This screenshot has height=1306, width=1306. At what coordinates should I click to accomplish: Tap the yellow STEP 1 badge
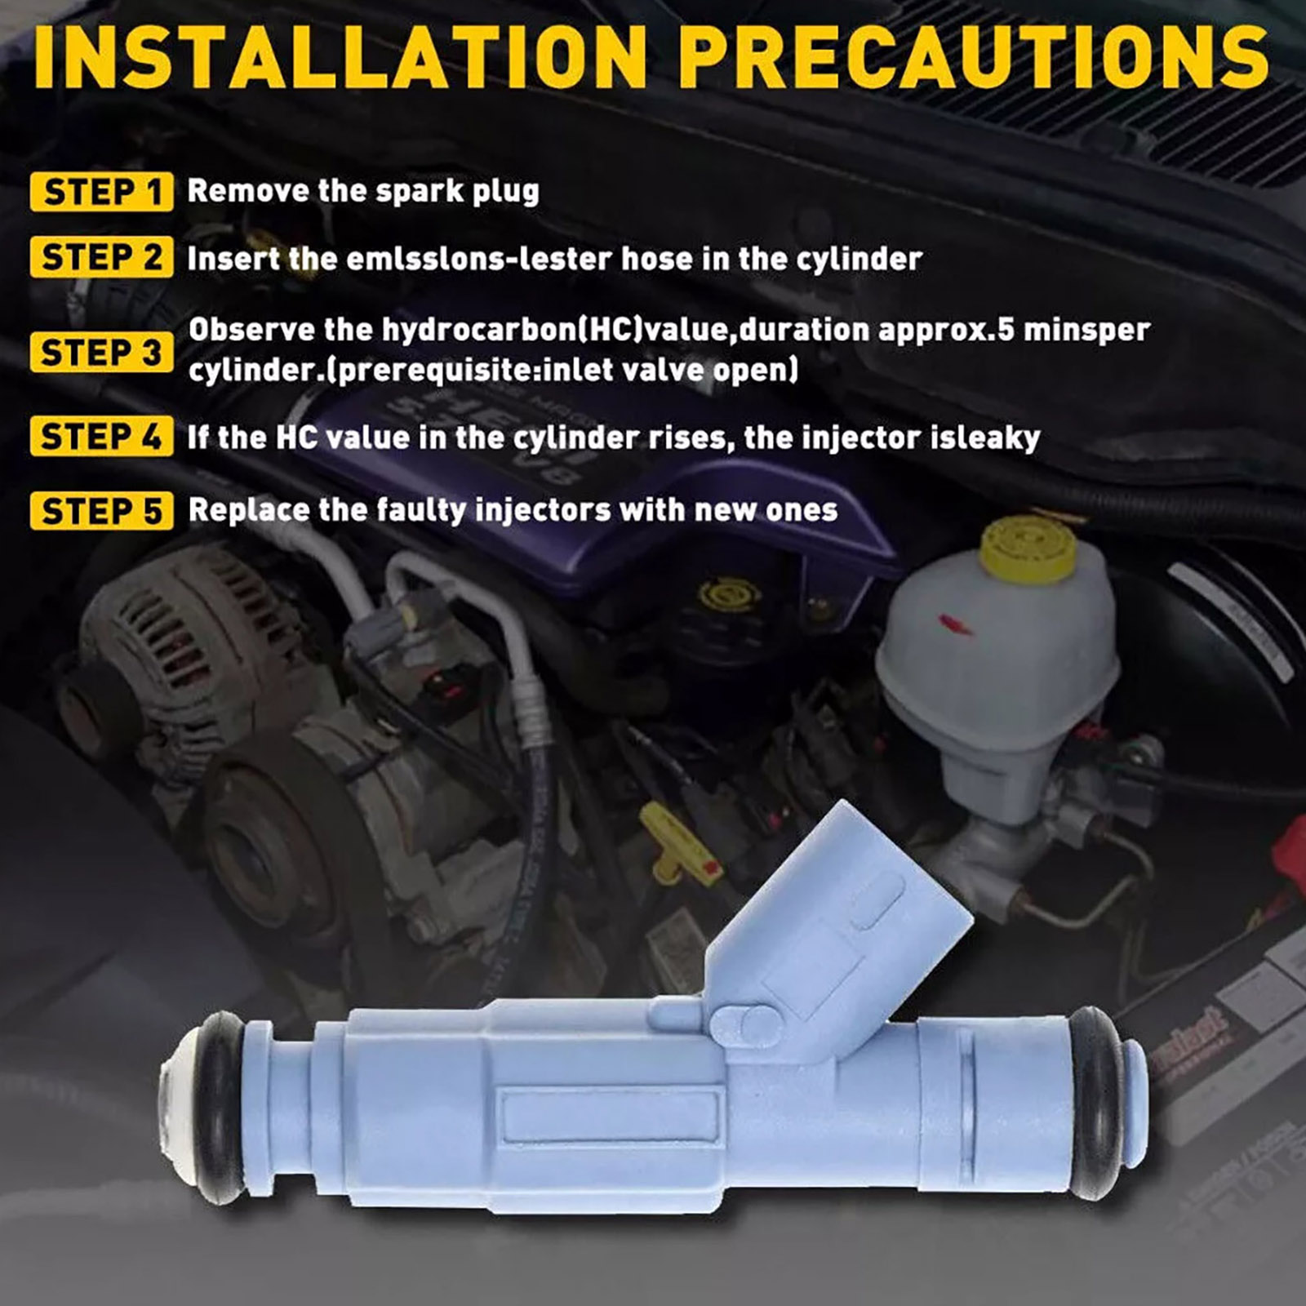[101, 192]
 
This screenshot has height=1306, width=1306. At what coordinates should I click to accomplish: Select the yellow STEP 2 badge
[101, 257]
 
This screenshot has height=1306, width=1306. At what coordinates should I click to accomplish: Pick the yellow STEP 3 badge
[101, 353]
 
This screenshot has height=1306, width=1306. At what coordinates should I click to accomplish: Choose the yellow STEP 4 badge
[101, 437]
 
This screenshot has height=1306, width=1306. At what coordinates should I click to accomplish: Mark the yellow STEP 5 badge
[101, 511]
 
